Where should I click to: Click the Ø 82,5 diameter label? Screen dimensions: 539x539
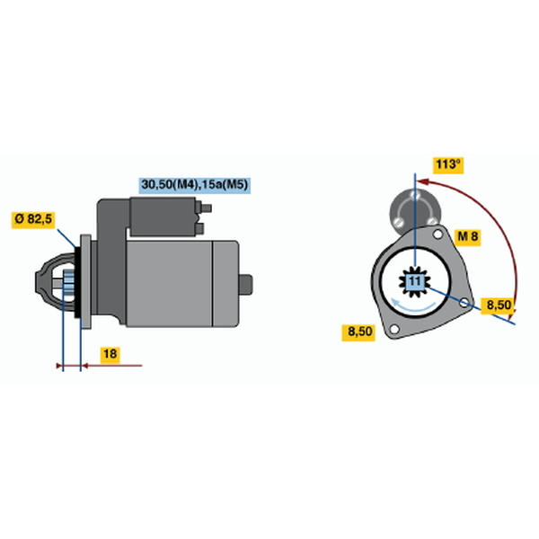(33, 218)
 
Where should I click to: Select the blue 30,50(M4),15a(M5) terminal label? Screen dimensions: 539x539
(195, 185)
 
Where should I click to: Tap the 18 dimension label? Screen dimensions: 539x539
(110, 354)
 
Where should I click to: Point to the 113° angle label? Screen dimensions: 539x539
(448, 164)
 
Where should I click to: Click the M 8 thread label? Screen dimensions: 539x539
(468, 236)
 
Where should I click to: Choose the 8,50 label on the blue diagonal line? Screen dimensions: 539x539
(499, 305)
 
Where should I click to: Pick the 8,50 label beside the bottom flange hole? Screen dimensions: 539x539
(359, 331)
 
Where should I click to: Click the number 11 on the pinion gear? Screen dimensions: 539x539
(415, 281)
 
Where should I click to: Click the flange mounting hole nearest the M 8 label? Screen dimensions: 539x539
(437, 234)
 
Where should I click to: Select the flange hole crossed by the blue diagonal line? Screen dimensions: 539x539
(464, 303)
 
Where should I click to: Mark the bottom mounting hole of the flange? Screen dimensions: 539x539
(394, 330)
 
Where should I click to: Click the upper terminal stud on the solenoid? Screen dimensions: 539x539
(204, 208)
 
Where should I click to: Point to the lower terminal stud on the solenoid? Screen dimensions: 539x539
(199, 228)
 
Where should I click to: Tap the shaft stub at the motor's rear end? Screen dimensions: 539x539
(245, 285)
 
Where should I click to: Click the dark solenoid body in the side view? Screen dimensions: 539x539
(163, 216)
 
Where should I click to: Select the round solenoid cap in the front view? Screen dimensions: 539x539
(415, 208)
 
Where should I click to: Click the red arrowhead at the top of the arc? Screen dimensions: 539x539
(423, 181)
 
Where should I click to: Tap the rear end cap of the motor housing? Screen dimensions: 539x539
(225, 284)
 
